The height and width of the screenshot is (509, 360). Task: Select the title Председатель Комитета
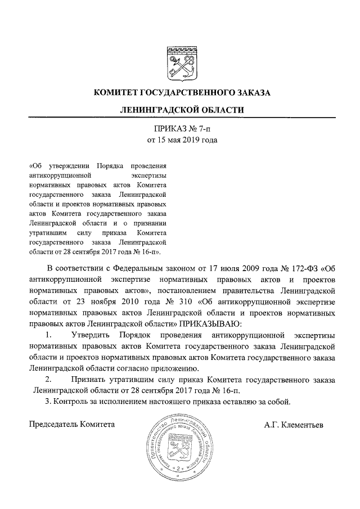click(x=72, y=424)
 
